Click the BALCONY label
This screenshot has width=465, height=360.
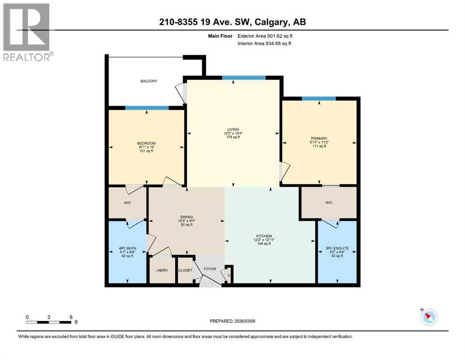pyautogui.click(x=149, y=81)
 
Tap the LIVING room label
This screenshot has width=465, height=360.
pyautogui.click(x=232, y=129)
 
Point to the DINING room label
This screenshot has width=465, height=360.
pyautogui.click(x=186, y=217)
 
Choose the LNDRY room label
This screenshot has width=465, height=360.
pyautogui.click(x=162, y=270)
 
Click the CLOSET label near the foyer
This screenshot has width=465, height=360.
pyautogui.click(x=185, y=270)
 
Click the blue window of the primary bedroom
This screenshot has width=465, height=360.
pyautogui.click(x=318, y=98)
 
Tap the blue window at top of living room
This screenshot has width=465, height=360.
pyautogui.click(x=244, y=77)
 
